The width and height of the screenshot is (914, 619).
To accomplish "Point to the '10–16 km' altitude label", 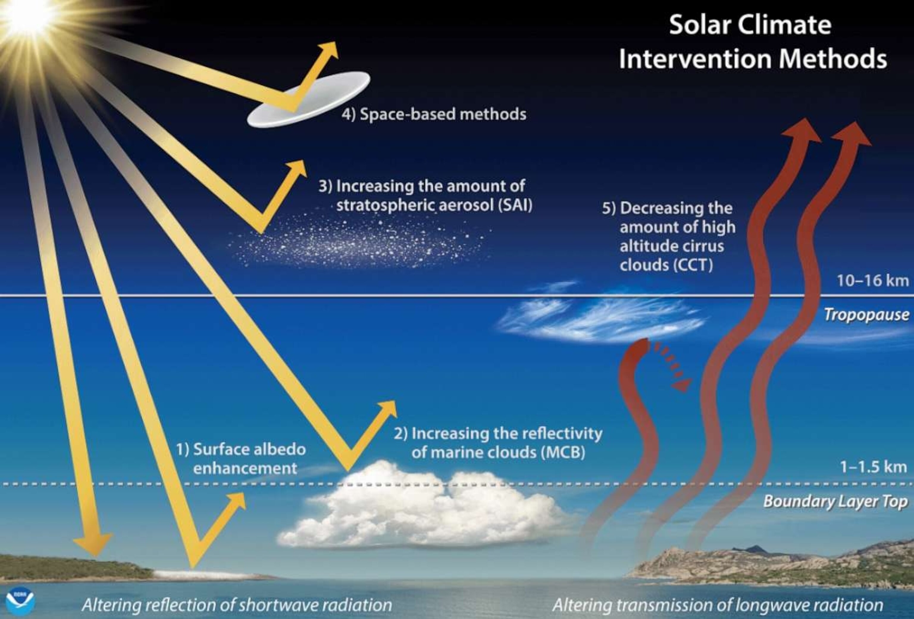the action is (x=873, y=281).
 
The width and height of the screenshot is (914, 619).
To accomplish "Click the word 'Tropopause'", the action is (x=866, y=315).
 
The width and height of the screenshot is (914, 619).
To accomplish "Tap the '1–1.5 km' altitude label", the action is (x=874, y=467).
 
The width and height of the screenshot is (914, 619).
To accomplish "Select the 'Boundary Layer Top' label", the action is (x=835, y=501).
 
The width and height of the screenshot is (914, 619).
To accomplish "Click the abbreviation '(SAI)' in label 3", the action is (x=515, y=205).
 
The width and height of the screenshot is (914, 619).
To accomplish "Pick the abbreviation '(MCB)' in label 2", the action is (x=563, y=452).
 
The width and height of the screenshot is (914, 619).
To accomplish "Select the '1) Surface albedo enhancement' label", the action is (x=241, y=459).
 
